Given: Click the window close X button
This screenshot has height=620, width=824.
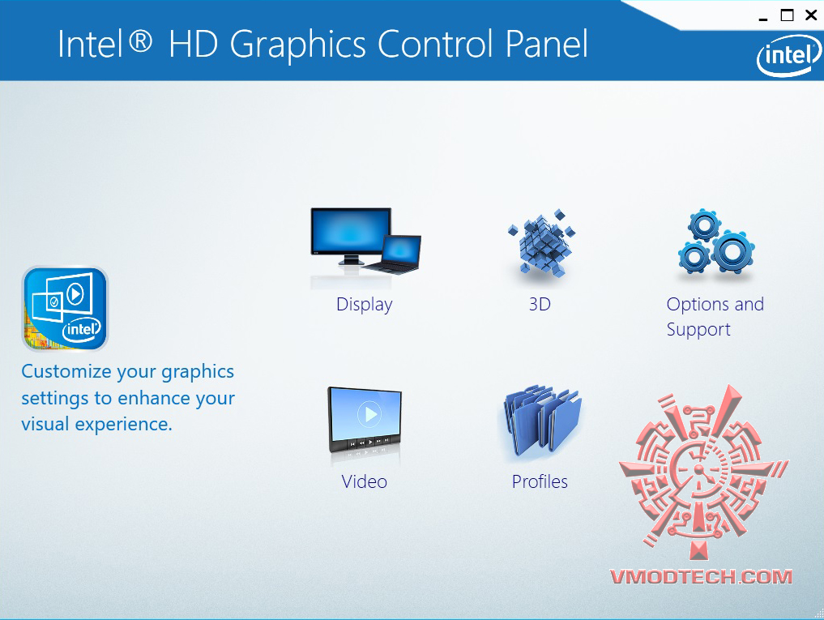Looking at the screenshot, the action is click(811, 15).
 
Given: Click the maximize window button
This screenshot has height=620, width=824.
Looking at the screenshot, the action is click(787, 15).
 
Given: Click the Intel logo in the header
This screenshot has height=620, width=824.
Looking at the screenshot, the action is click(789, 55).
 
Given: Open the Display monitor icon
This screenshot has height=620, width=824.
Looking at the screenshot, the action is click(365, 242).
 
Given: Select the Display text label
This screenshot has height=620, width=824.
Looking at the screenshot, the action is click(364, 305).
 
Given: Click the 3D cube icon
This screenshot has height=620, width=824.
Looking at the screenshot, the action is click(541, 242).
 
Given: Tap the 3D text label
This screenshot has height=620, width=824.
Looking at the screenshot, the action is click(540, 304).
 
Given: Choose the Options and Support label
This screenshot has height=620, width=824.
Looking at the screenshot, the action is click(715, 317).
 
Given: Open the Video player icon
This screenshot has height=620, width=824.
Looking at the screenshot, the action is click(365, 420).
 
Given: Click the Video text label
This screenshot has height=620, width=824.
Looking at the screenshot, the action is click(364, 481).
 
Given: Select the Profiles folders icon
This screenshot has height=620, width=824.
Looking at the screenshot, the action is click(541, 420).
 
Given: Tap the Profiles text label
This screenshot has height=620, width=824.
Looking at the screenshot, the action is click(540, 481).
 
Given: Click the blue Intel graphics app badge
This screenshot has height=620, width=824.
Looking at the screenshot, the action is click(65, 309).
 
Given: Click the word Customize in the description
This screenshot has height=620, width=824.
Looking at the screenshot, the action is click(66, 371).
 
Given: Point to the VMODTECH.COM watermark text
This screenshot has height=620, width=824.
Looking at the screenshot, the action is click(701, 577).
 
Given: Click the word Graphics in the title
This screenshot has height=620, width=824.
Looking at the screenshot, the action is click(297, 45).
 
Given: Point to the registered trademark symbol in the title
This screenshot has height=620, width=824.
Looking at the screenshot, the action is click(140, 41).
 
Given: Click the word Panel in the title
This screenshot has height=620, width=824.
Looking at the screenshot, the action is click(547, 44).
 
